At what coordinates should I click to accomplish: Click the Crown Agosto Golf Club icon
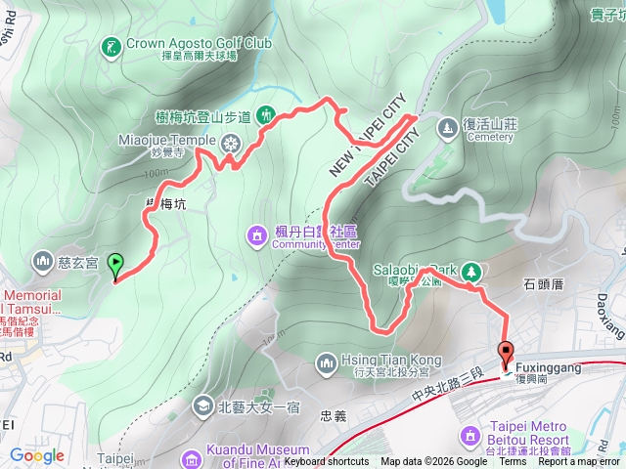click(x=112, y=44)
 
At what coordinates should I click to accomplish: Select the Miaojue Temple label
click(x=166, y=140)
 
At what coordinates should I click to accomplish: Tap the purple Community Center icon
click(x=256, y=234)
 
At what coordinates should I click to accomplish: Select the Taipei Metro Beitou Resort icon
click(x=468, y=434)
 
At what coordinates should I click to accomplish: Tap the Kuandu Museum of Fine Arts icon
click(x=190, y=456)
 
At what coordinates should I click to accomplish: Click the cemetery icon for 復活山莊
click(x=447, y=127)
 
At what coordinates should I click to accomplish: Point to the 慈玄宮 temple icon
click(x=42, y=261)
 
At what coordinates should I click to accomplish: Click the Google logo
click(x=36, y=455)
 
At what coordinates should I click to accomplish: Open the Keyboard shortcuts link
click(x=327, y=462)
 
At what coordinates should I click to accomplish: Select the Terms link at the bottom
click(x=513, y=462)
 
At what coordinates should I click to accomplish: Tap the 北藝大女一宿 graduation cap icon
click(x=202, y=404)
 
